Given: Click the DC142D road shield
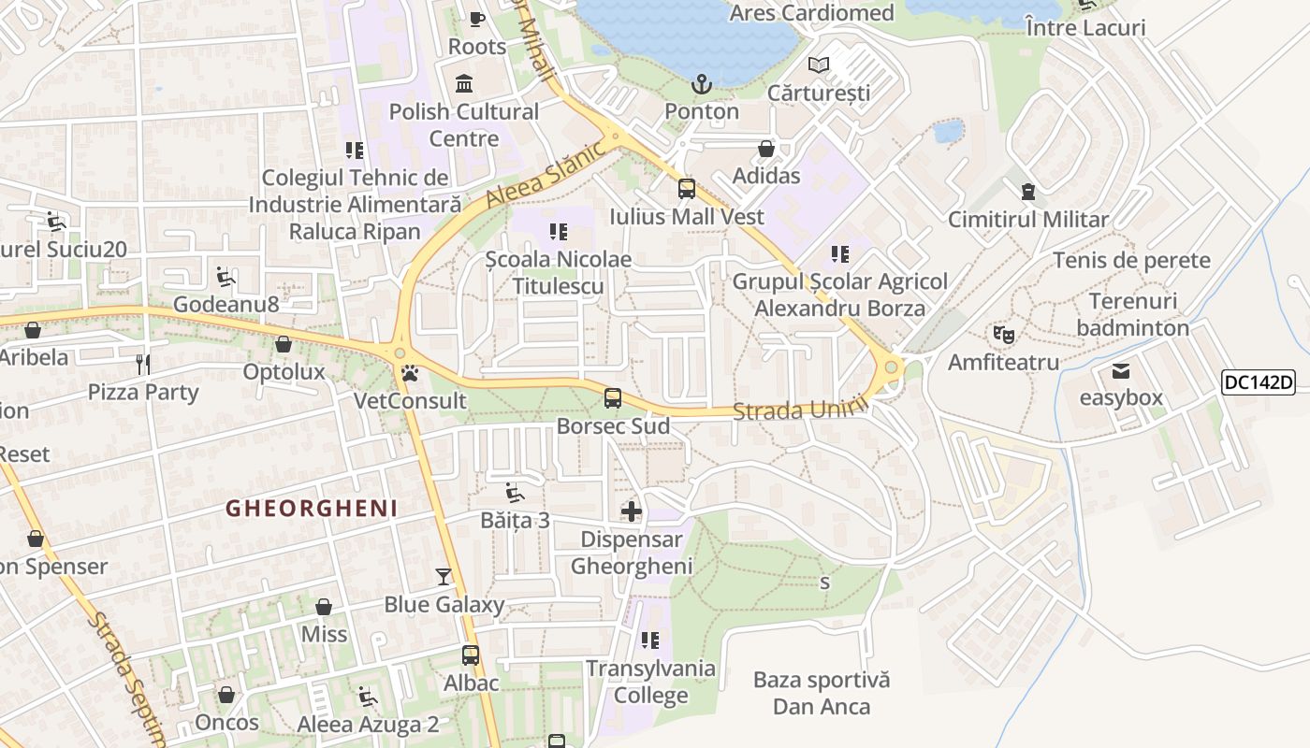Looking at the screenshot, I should coord(1258,381).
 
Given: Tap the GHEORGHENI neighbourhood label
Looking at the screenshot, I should coord(312,509).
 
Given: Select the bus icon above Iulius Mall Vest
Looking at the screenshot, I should coord(687,189).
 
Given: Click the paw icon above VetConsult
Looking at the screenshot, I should coord(410,374).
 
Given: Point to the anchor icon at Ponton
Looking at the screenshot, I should coord(702,85).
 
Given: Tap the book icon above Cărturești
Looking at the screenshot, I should coord(819,65).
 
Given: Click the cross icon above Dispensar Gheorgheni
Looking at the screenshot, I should coord(632,511).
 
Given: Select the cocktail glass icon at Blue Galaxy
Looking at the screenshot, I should coord(444,577).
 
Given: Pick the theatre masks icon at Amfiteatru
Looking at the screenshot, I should coord(1004,334).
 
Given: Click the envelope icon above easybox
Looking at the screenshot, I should coord(1121,371).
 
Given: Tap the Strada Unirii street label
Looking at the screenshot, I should coord(794,410).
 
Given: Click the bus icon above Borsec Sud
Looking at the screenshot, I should coord(613,398).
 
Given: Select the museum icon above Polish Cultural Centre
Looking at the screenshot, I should coord(464,84).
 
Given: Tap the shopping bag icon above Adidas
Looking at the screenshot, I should coord(766,149).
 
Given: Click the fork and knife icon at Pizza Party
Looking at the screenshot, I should coord(143,364).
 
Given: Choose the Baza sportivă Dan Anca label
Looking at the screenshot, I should coord(822,693).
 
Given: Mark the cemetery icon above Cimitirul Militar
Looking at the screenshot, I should coord(1028,192).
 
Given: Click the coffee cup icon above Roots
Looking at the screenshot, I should coord(477,19).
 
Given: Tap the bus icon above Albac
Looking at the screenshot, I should coord(471,655).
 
